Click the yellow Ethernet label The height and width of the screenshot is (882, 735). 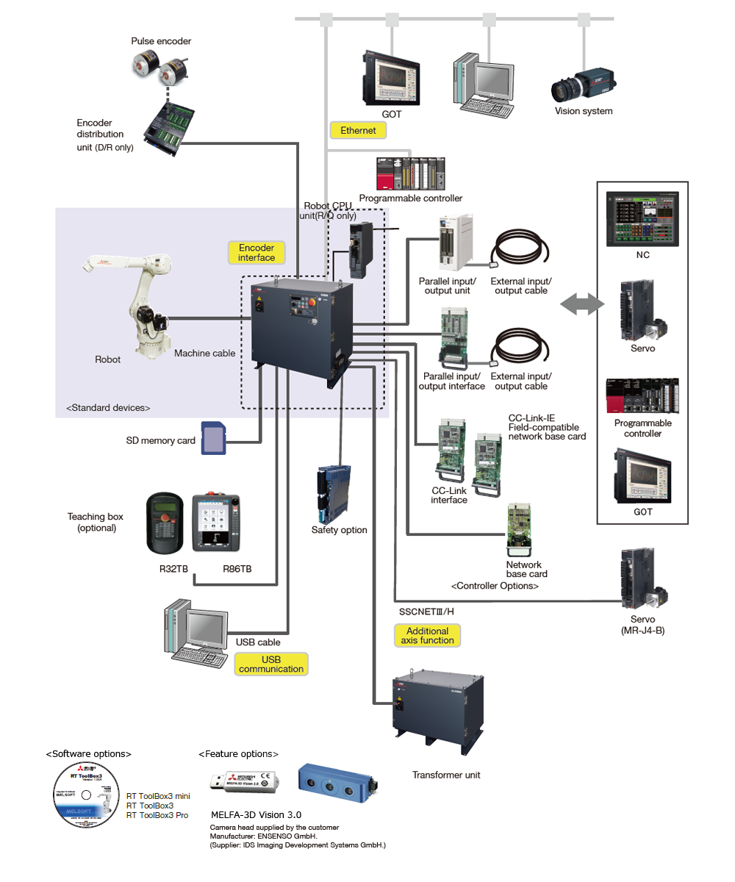click(358, 130)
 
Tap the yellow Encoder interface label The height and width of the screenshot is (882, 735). click(257, 253)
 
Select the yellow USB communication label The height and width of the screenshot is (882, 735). click(271, 664)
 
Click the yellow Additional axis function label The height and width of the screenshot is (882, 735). click(427, 635)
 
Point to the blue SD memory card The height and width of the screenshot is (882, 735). click(212, 439)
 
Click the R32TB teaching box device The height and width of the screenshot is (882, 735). click(165, 521)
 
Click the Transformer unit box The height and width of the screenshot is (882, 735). click(437, 710)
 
